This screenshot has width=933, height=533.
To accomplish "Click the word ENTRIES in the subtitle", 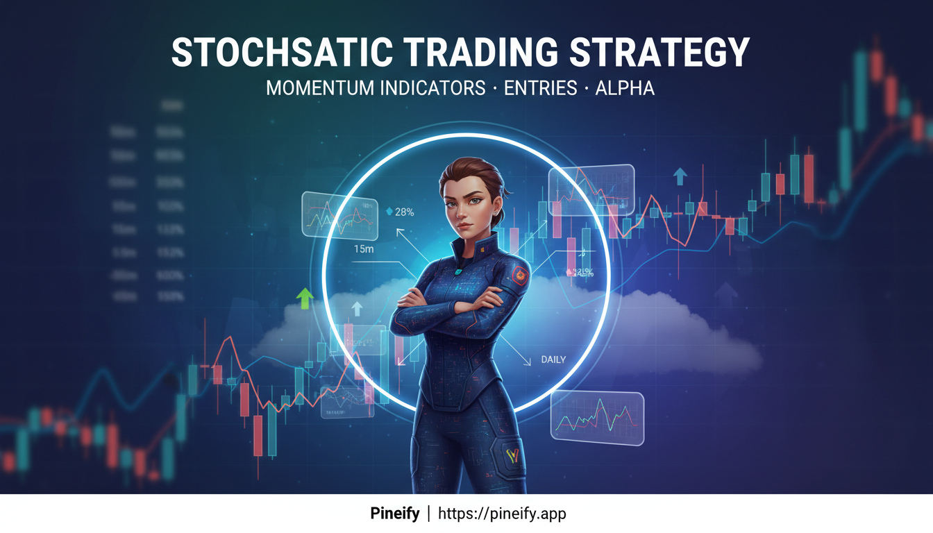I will tap(537, 89).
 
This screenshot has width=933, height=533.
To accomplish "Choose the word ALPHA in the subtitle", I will tap(625, 89).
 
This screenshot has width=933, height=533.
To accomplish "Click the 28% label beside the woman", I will tap(404, 212).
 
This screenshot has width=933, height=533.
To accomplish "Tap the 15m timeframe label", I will tap(364, 249).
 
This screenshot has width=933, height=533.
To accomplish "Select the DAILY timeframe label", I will tap(553, 359).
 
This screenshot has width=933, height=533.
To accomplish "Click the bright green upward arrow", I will tap(304, 298).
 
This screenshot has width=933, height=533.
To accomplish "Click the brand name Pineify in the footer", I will tap(394, 514).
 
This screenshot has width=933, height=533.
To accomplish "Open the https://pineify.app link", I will tap(502, 514).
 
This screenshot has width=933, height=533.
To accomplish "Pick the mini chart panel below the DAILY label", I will tap(597, 416).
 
